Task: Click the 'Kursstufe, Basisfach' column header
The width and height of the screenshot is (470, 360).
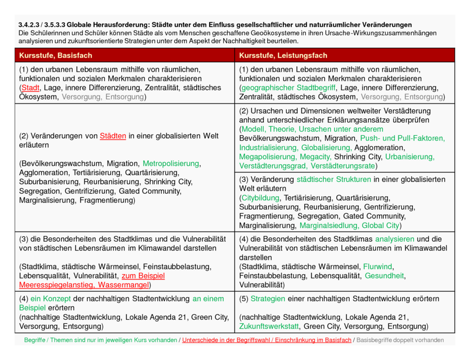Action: tap(55, 55)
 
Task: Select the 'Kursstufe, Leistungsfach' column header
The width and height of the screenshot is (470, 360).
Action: tap(283, 55)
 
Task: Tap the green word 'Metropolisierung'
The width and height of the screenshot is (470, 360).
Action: tap(170, 163)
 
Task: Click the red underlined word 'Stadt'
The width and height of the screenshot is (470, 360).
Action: tap(30, 88)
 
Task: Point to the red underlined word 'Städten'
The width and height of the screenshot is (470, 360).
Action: tap(113, 136)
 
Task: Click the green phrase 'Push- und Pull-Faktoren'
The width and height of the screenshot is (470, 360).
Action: tap(402, 138)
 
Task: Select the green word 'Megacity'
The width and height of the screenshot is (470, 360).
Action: tap(315, 156)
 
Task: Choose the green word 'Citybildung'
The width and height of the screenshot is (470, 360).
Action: tap(260, 198)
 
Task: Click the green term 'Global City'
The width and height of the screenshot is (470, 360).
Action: tap(380, 226)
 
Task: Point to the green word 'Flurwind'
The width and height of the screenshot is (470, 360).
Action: tap(378, 267)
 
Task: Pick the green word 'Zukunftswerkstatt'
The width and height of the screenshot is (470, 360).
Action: tap(269, 326)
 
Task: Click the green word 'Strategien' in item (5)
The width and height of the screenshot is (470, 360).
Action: tap(268, 299)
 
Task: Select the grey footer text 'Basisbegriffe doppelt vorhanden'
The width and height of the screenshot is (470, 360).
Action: tap(400, 340)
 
